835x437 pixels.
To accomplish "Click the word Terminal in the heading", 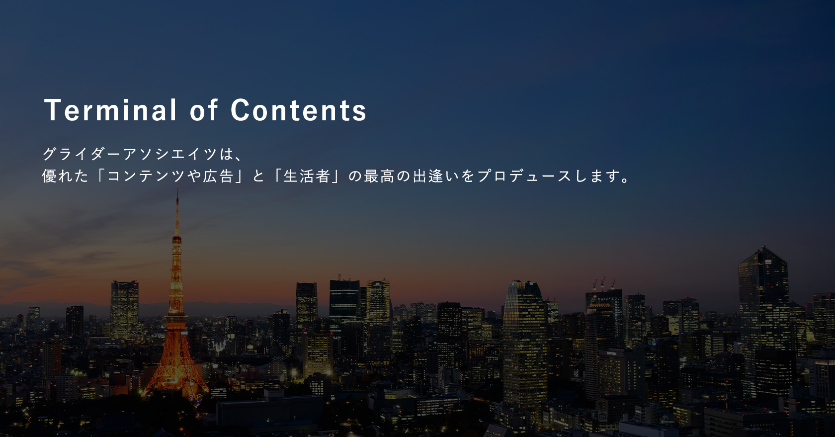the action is point(110,110).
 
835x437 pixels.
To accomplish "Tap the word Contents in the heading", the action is point(298,110).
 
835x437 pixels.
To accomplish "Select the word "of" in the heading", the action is point(204,110).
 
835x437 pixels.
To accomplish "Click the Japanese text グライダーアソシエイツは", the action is point(138,154).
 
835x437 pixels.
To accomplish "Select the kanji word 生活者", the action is point(306,176).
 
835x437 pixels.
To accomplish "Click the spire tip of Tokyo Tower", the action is point(177,189).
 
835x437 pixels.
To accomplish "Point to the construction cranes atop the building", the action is point(604,284).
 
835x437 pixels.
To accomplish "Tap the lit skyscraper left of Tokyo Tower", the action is point(124,310).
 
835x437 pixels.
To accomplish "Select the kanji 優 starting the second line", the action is point(49,176).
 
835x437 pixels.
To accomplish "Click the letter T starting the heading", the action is point(52,110).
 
